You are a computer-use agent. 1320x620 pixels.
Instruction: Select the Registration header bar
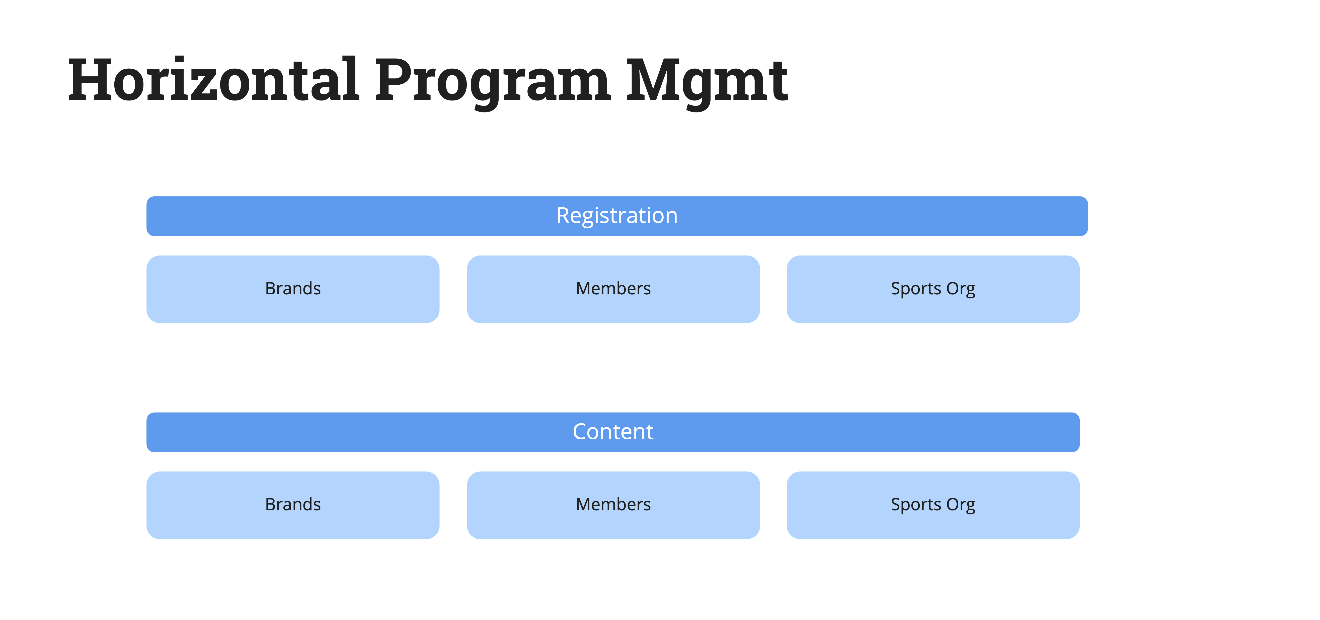(617, 216)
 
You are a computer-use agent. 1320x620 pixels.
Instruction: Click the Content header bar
(613, 432)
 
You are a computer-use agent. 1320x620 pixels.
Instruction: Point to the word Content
(613, 432)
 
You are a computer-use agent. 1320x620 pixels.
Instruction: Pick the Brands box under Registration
(293, 289)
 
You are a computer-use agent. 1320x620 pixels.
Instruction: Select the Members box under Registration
(613, 289)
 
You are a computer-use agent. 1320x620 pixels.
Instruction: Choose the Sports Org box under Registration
(933, 289)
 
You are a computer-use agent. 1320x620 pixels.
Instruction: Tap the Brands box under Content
(293, 505)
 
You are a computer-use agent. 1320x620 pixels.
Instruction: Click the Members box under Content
(613, 505)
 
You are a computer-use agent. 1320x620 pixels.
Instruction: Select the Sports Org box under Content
(933, 505)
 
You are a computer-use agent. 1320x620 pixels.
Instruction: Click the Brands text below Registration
(293, 288)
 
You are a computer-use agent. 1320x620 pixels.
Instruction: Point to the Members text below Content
(613, 504)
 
